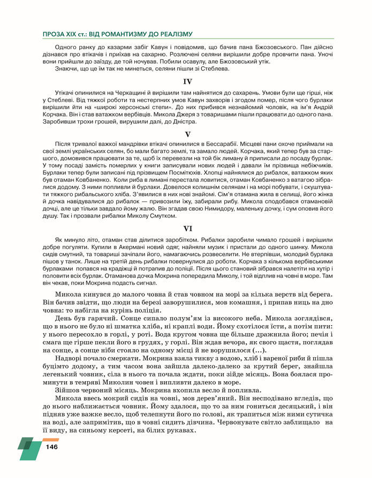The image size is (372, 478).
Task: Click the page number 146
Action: [52, 447]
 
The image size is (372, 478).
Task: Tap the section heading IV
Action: [187, 82]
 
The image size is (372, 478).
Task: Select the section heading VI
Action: [187, 229]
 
